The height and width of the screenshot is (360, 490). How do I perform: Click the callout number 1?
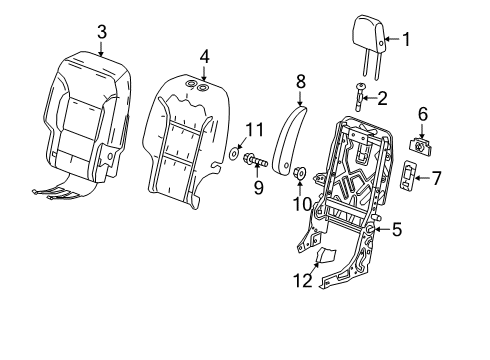point(406,39)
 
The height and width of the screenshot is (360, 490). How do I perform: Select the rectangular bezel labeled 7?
point(410,179)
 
